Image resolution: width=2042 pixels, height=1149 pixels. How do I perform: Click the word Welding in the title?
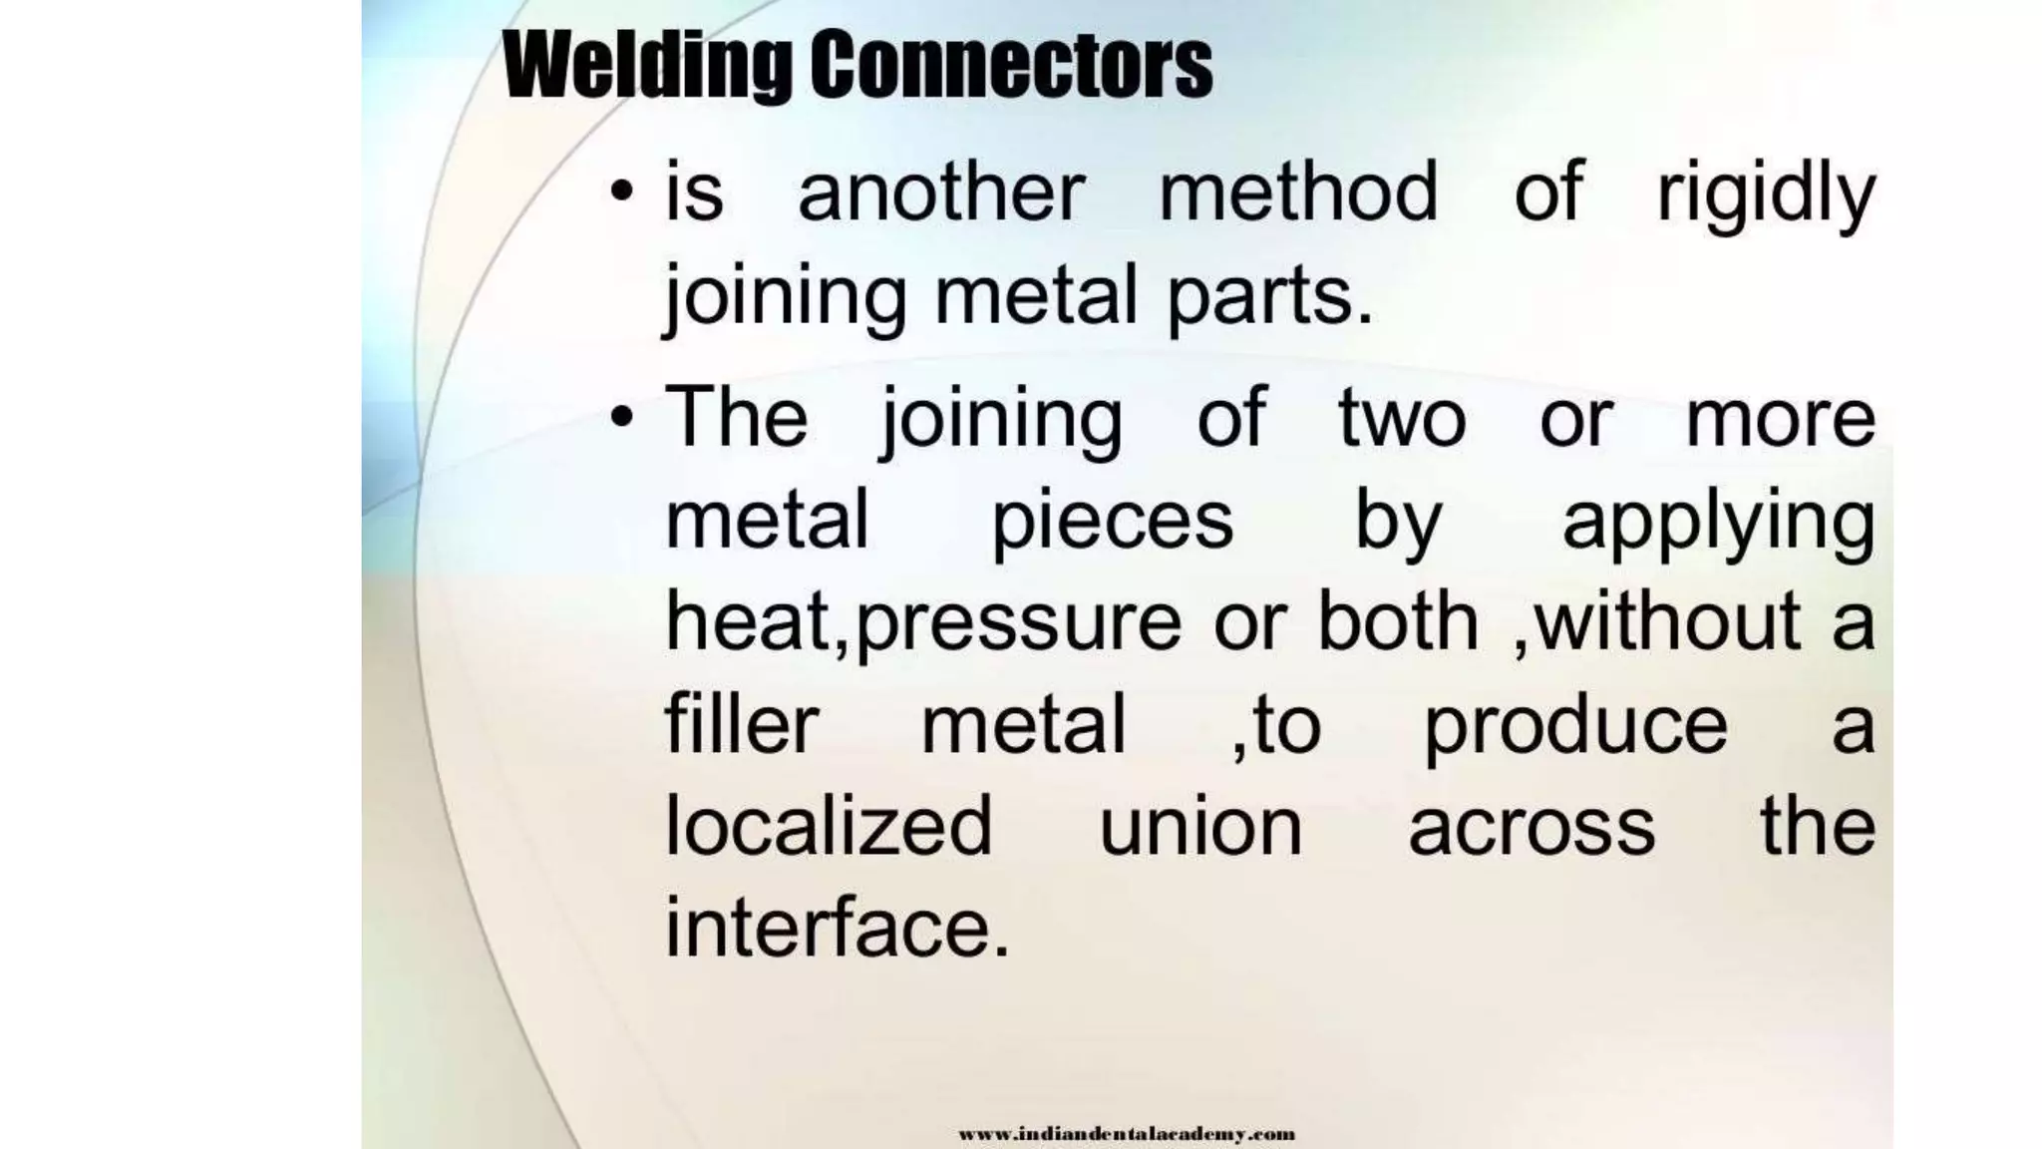(x=648, y=65)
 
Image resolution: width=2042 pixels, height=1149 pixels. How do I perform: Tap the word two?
(x=1402, y=418)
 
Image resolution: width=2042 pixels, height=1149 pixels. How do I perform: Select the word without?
(x=1665, y=620)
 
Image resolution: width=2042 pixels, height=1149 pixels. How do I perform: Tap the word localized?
(x=829, y=826)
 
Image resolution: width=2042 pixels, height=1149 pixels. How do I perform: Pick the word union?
(x=1200, y=828)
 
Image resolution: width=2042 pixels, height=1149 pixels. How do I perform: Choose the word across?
(x=1531, y=828)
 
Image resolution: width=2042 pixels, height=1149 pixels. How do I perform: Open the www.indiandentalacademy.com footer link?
(x=1127, y=1134)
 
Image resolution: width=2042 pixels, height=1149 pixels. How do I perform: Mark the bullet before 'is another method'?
(x=622, y=191)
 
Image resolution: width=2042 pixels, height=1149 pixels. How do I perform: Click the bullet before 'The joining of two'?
(x=622, y=417)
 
